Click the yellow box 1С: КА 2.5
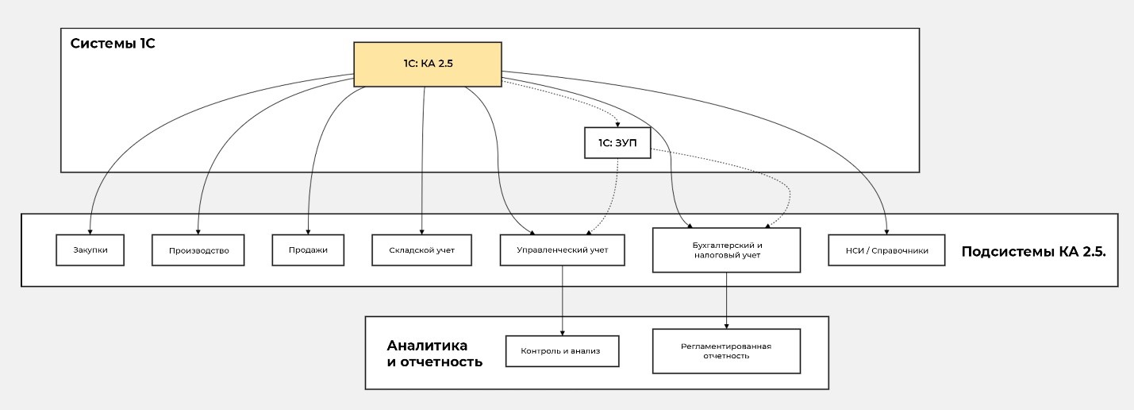[x=427, y=64]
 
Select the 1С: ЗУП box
[x=617, y=143]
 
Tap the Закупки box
[x=90, y=249]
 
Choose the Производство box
[x=198, y=250]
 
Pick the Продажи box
[x=309, y=249]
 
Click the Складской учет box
[x=422, y=250]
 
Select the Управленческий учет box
[x=563, y=249]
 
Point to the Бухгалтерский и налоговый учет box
[x=726, y=250]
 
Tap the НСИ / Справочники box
[x=886, y=250]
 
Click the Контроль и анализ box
[x=563, y=350]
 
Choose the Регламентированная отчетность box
[x=726, y=351]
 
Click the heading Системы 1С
[x=113, y=43]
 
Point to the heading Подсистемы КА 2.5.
[x=1033, y=251]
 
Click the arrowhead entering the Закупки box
[x=90, y=231]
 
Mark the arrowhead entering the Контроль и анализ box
[x=563, y=332]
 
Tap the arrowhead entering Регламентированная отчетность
[x=726, y=326]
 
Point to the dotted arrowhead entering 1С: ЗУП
[x=617, y=125]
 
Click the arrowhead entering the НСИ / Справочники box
[x=886, y=231]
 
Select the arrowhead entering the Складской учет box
[x=422, y=231]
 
